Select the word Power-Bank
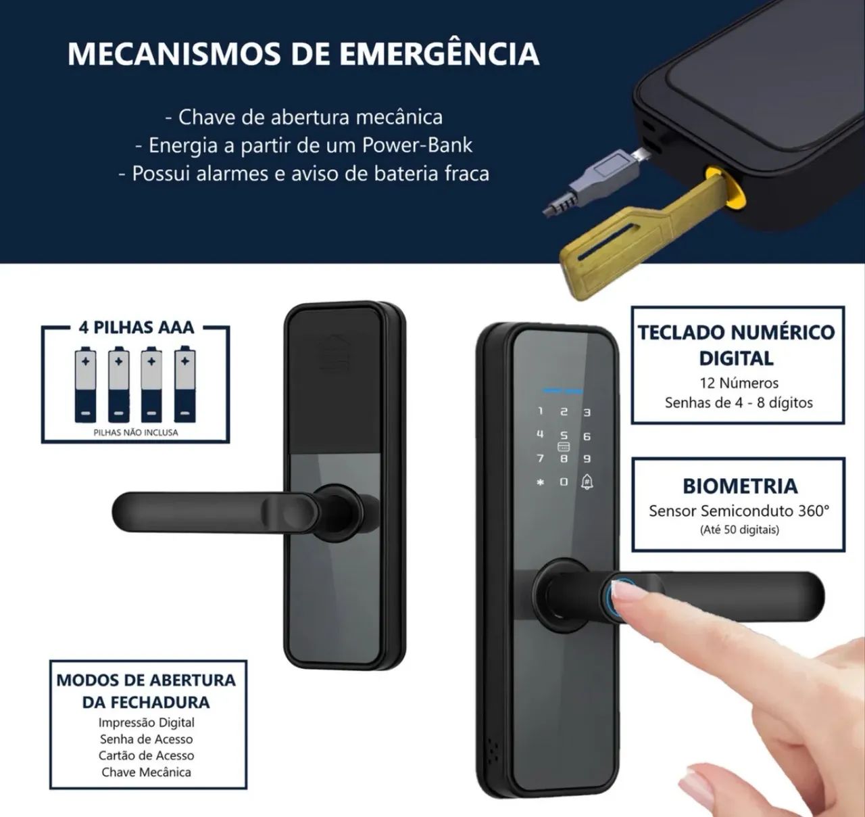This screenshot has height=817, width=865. click(417, 145)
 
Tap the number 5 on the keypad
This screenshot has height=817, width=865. click(564, 436)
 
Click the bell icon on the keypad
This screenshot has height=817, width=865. click(587, 482)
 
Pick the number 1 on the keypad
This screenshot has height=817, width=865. click(541, 411)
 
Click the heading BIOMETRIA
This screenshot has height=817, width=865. click(740, 486)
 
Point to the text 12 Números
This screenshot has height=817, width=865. click(739, 383)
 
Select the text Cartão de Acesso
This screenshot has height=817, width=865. click(147, 755)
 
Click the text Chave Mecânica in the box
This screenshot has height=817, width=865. click(147, 772)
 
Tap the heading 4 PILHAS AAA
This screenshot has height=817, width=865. click(137, 328)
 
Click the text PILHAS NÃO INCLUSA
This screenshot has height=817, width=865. click(136, 432)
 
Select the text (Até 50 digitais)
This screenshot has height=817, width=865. click(739, 530)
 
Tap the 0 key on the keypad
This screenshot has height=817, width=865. click(564, 482)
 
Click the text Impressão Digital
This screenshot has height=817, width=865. click(147, 722)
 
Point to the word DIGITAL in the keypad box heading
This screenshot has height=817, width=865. click(737, 358)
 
